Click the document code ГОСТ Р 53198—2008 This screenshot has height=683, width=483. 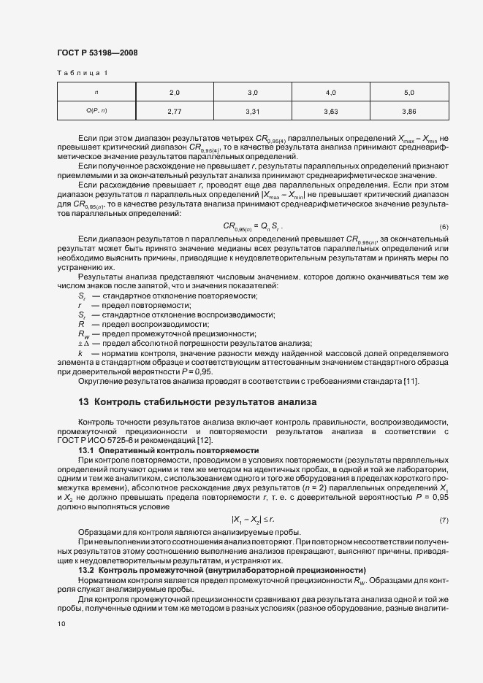pyautogui.click(x=96, y=53)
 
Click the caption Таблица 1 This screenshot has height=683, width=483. pyautogui.click(x=82, y=73)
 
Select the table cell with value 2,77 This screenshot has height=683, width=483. pyautogui.click(x=174, y=111)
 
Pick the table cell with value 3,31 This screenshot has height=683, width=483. pyautogui.click(x=253, y=111)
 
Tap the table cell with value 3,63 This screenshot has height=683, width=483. pyautogui.click(x=330, y=111)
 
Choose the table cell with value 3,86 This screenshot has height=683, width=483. pyautogui.click(x=408, y=111)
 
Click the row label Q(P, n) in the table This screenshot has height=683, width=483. pyautogui.click(x=96, y=111)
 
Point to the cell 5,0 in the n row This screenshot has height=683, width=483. pyautogui.click(x=408, y=93)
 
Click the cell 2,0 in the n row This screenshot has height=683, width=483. pyautogui.click(x=174, y=93)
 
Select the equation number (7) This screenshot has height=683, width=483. pyautogui.click(x=444, y=520)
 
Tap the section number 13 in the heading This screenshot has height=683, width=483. pyautogui.click(x=83, y=401)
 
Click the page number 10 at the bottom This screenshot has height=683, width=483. pyautogui.click(x=61, y=624)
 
